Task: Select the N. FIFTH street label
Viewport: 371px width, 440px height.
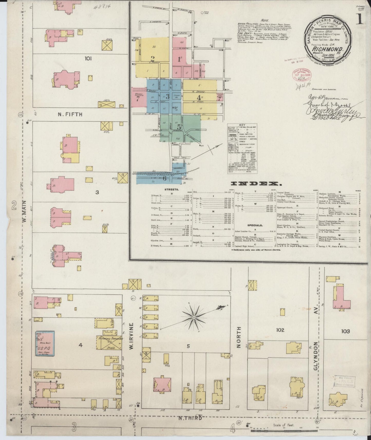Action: click(70, 114)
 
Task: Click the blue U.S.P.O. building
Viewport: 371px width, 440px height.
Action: click(45, 343)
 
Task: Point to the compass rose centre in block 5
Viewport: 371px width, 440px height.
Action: click(194, 318)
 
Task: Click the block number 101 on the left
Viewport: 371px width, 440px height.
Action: click(88, 59)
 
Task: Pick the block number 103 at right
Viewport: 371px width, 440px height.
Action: click(345, 331)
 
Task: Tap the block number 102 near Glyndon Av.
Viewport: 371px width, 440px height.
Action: click(280, 330)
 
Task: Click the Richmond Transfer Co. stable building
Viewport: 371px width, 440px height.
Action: click(109, 342)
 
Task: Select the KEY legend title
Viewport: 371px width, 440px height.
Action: click(242, 125)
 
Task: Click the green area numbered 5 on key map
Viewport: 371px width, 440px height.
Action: click(179, 127)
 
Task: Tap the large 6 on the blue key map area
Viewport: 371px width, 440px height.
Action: click(165, 178)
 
